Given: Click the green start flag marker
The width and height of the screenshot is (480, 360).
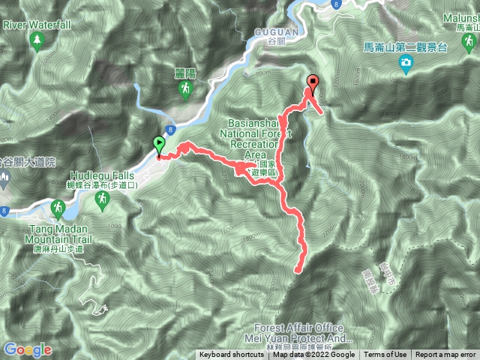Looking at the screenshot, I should pos(159,145).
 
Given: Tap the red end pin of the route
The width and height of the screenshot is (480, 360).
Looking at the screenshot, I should pos(312,82).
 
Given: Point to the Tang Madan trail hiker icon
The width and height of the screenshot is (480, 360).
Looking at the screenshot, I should pos(57,208).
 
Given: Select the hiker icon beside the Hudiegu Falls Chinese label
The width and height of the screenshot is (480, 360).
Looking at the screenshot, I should pos(103,199).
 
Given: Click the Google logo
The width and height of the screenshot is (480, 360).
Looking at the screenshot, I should pos(27,349).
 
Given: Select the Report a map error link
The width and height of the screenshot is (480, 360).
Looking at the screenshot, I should pos(445,355).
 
